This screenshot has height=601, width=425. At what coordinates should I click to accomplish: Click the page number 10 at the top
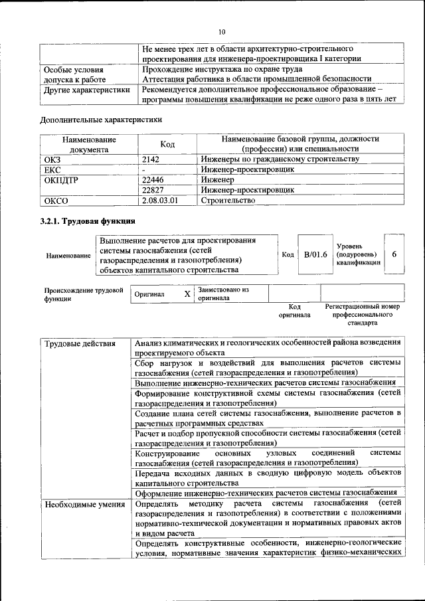[222, 31]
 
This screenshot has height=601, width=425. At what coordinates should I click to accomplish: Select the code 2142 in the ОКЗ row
[152, 159]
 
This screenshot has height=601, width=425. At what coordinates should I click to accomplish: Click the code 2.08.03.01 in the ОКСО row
[161, 200]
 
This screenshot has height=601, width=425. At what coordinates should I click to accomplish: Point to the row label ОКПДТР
[60, 179]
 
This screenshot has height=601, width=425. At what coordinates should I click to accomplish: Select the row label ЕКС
[52, 169]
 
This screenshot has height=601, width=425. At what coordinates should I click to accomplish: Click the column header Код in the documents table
[169, 145]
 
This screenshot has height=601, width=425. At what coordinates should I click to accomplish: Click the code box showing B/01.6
[315, 255]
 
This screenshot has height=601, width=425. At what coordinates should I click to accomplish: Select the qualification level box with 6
[394, 255]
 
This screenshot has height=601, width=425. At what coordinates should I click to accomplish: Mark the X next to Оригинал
[187, 294]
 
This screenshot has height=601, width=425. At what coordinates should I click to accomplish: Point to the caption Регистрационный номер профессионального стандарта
[362, 315]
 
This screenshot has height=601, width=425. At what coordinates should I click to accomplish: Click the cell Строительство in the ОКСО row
[228, 200]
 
